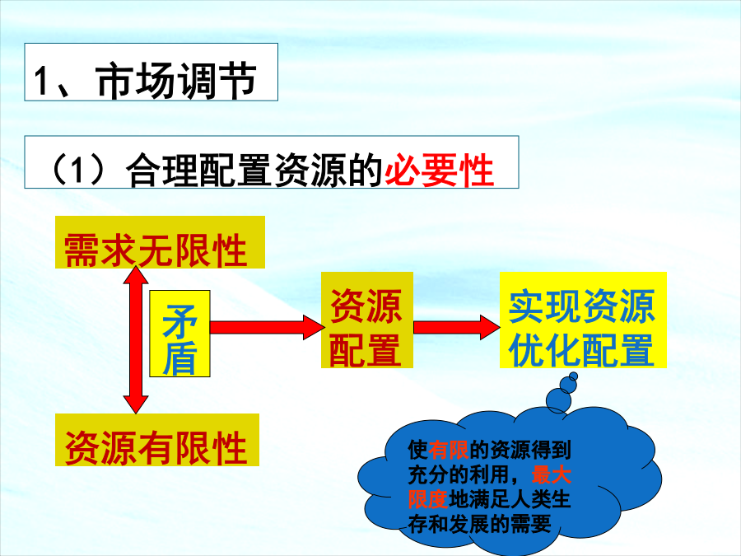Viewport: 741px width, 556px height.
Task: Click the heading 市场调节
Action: click(176, 81)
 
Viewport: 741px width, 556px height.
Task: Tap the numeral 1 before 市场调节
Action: click(42, 82)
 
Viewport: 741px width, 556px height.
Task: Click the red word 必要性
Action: click(440, 170)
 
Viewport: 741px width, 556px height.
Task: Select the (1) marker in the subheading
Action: click(77, 169)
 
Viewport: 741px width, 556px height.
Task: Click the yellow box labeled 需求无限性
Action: click(160, 242)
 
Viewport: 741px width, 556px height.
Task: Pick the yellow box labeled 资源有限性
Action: click(157, 440)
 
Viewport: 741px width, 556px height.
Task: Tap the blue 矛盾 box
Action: click(179, 334)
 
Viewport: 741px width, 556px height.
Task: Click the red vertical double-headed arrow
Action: click(136, 339)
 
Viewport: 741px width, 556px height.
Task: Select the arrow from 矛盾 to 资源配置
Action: click(267, 327)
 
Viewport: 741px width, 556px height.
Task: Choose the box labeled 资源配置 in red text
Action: click(367, 320)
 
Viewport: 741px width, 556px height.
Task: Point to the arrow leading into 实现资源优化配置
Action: click(456, 327)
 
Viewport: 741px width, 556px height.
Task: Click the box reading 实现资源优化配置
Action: click(583, 320)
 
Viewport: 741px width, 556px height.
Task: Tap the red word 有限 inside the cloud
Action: click(448, 450)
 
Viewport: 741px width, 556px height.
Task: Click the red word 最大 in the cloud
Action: click(551, 474)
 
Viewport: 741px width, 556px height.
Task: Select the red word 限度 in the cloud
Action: click(428, 500)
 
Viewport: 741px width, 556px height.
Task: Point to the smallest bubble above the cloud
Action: click(573, 376)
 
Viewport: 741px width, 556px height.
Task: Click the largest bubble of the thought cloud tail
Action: click(558, 400)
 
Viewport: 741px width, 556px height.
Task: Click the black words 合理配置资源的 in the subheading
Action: click(254, 170)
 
